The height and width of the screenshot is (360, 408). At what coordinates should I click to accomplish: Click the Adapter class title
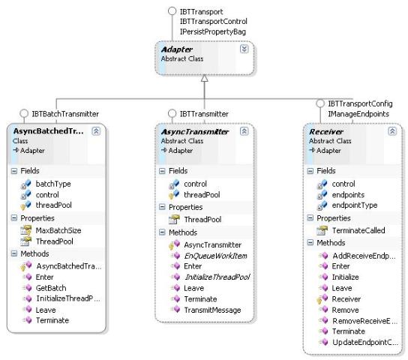pos(177,49)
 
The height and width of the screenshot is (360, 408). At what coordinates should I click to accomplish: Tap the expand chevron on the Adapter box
pos(244,49)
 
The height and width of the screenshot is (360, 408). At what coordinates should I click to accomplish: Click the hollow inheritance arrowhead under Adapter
pos(205,78)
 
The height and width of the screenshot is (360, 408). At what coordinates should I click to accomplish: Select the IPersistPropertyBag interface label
pos(213,31)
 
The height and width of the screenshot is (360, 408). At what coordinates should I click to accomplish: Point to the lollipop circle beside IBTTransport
pos(172,11)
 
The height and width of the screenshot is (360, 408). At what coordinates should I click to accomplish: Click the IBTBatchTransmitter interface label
pos(65,114)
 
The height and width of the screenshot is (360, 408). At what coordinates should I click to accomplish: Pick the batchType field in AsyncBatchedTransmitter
pos(53,184)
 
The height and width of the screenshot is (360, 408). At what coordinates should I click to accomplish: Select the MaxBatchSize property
pos(58,230)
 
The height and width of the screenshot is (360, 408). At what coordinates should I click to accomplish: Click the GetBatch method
pos(51,288)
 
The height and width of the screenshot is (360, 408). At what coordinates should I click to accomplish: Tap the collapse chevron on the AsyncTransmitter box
pos(244,131)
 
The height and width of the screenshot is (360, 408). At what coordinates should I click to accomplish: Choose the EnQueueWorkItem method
pos(215,256)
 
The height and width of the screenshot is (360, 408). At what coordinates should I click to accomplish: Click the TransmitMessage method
pos(212,310)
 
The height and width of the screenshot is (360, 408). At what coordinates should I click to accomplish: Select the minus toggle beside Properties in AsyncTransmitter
pos(162,207)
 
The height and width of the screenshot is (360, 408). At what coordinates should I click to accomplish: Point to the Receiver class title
pos(326,131)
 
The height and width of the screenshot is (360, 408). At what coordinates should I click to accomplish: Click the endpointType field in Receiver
pos(355,205)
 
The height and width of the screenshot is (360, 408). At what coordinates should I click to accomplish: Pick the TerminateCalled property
pos(358,230)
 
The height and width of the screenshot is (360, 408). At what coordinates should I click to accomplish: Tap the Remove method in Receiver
pos(345,310)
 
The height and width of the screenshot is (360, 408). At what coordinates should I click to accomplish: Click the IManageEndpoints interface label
pos(358,114)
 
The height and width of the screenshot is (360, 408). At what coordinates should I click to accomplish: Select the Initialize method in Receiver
pos(345,277)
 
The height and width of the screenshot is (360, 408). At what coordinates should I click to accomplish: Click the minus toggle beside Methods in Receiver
pos(310,243)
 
